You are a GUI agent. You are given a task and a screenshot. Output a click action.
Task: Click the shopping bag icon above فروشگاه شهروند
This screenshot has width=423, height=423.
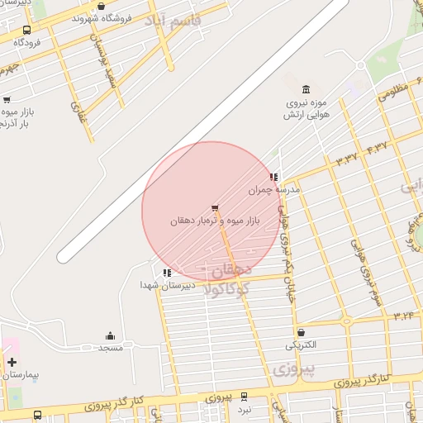(101, 7)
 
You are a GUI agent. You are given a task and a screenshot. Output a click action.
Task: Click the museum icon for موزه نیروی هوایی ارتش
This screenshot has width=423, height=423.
(307, 89)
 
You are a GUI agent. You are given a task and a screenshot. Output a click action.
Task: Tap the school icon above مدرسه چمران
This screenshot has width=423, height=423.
(273, 176)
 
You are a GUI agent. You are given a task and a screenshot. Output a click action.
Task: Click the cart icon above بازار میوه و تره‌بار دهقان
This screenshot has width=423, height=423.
(215, 207)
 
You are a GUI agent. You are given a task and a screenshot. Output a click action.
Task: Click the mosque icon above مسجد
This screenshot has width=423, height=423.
(110, 335)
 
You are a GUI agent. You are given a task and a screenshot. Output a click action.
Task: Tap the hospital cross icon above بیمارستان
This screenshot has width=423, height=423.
(12, 362)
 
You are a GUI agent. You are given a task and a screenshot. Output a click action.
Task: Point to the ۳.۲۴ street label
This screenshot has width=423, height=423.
(404, 315)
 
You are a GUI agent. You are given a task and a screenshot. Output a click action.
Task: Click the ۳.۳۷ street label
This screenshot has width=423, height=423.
(346, 156)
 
